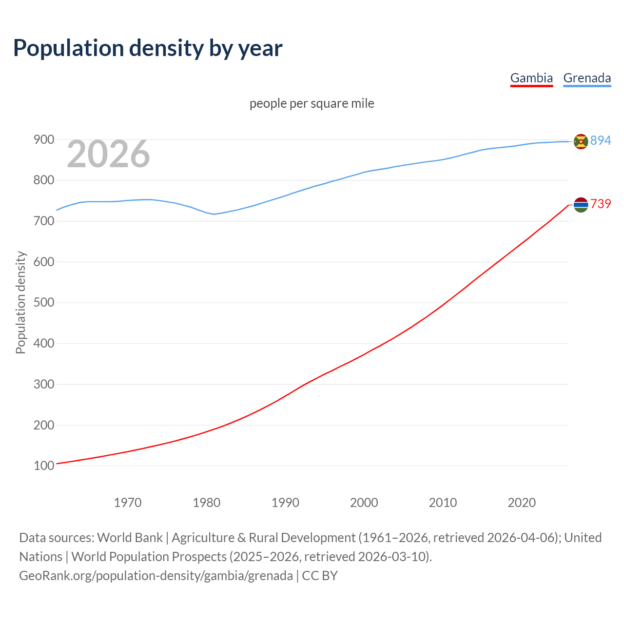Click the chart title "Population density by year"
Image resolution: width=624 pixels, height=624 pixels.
(x=148, y=48)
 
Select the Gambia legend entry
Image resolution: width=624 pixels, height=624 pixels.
(x=531, y=78)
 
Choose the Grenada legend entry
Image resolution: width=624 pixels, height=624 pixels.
(x=587, y=78)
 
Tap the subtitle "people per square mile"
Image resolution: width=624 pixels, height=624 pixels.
(x=312, y=103)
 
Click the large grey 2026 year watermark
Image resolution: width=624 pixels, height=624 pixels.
(x=108, y=154)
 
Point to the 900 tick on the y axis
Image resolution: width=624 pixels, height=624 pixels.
(x=44, y=140)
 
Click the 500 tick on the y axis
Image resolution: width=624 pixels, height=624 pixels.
(x=44, y=303)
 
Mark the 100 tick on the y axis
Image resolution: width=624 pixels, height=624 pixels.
(x=44, y=466)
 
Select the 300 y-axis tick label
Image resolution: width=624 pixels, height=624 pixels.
(x=44, y=385)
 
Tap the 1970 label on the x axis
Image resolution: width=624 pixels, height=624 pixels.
(x=128, y=503)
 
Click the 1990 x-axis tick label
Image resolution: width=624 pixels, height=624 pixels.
(x=285, y=503)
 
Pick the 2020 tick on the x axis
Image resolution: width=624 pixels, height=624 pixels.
(x=522, y=503)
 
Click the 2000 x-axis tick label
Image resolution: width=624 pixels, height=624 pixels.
(x=364, y=503)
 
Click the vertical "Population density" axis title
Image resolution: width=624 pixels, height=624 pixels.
(x=20, y=302)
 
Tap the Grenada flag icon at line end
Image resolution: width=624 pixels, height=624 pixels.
(x=581, y=141)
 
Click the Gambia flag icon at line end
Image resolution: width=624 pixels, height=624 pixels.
(x=581, y=205)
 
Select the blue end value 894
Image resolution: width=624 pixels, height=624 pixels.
(x=601, y=140)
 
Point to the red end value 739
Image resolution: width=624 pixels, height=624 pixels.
(x=601, y=204)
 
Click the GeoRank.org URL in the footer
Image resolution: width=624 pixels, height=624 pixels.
(x=156, y=576)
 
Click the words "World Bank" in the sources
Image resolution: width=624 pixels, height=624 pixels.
(x=130, y=538)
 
